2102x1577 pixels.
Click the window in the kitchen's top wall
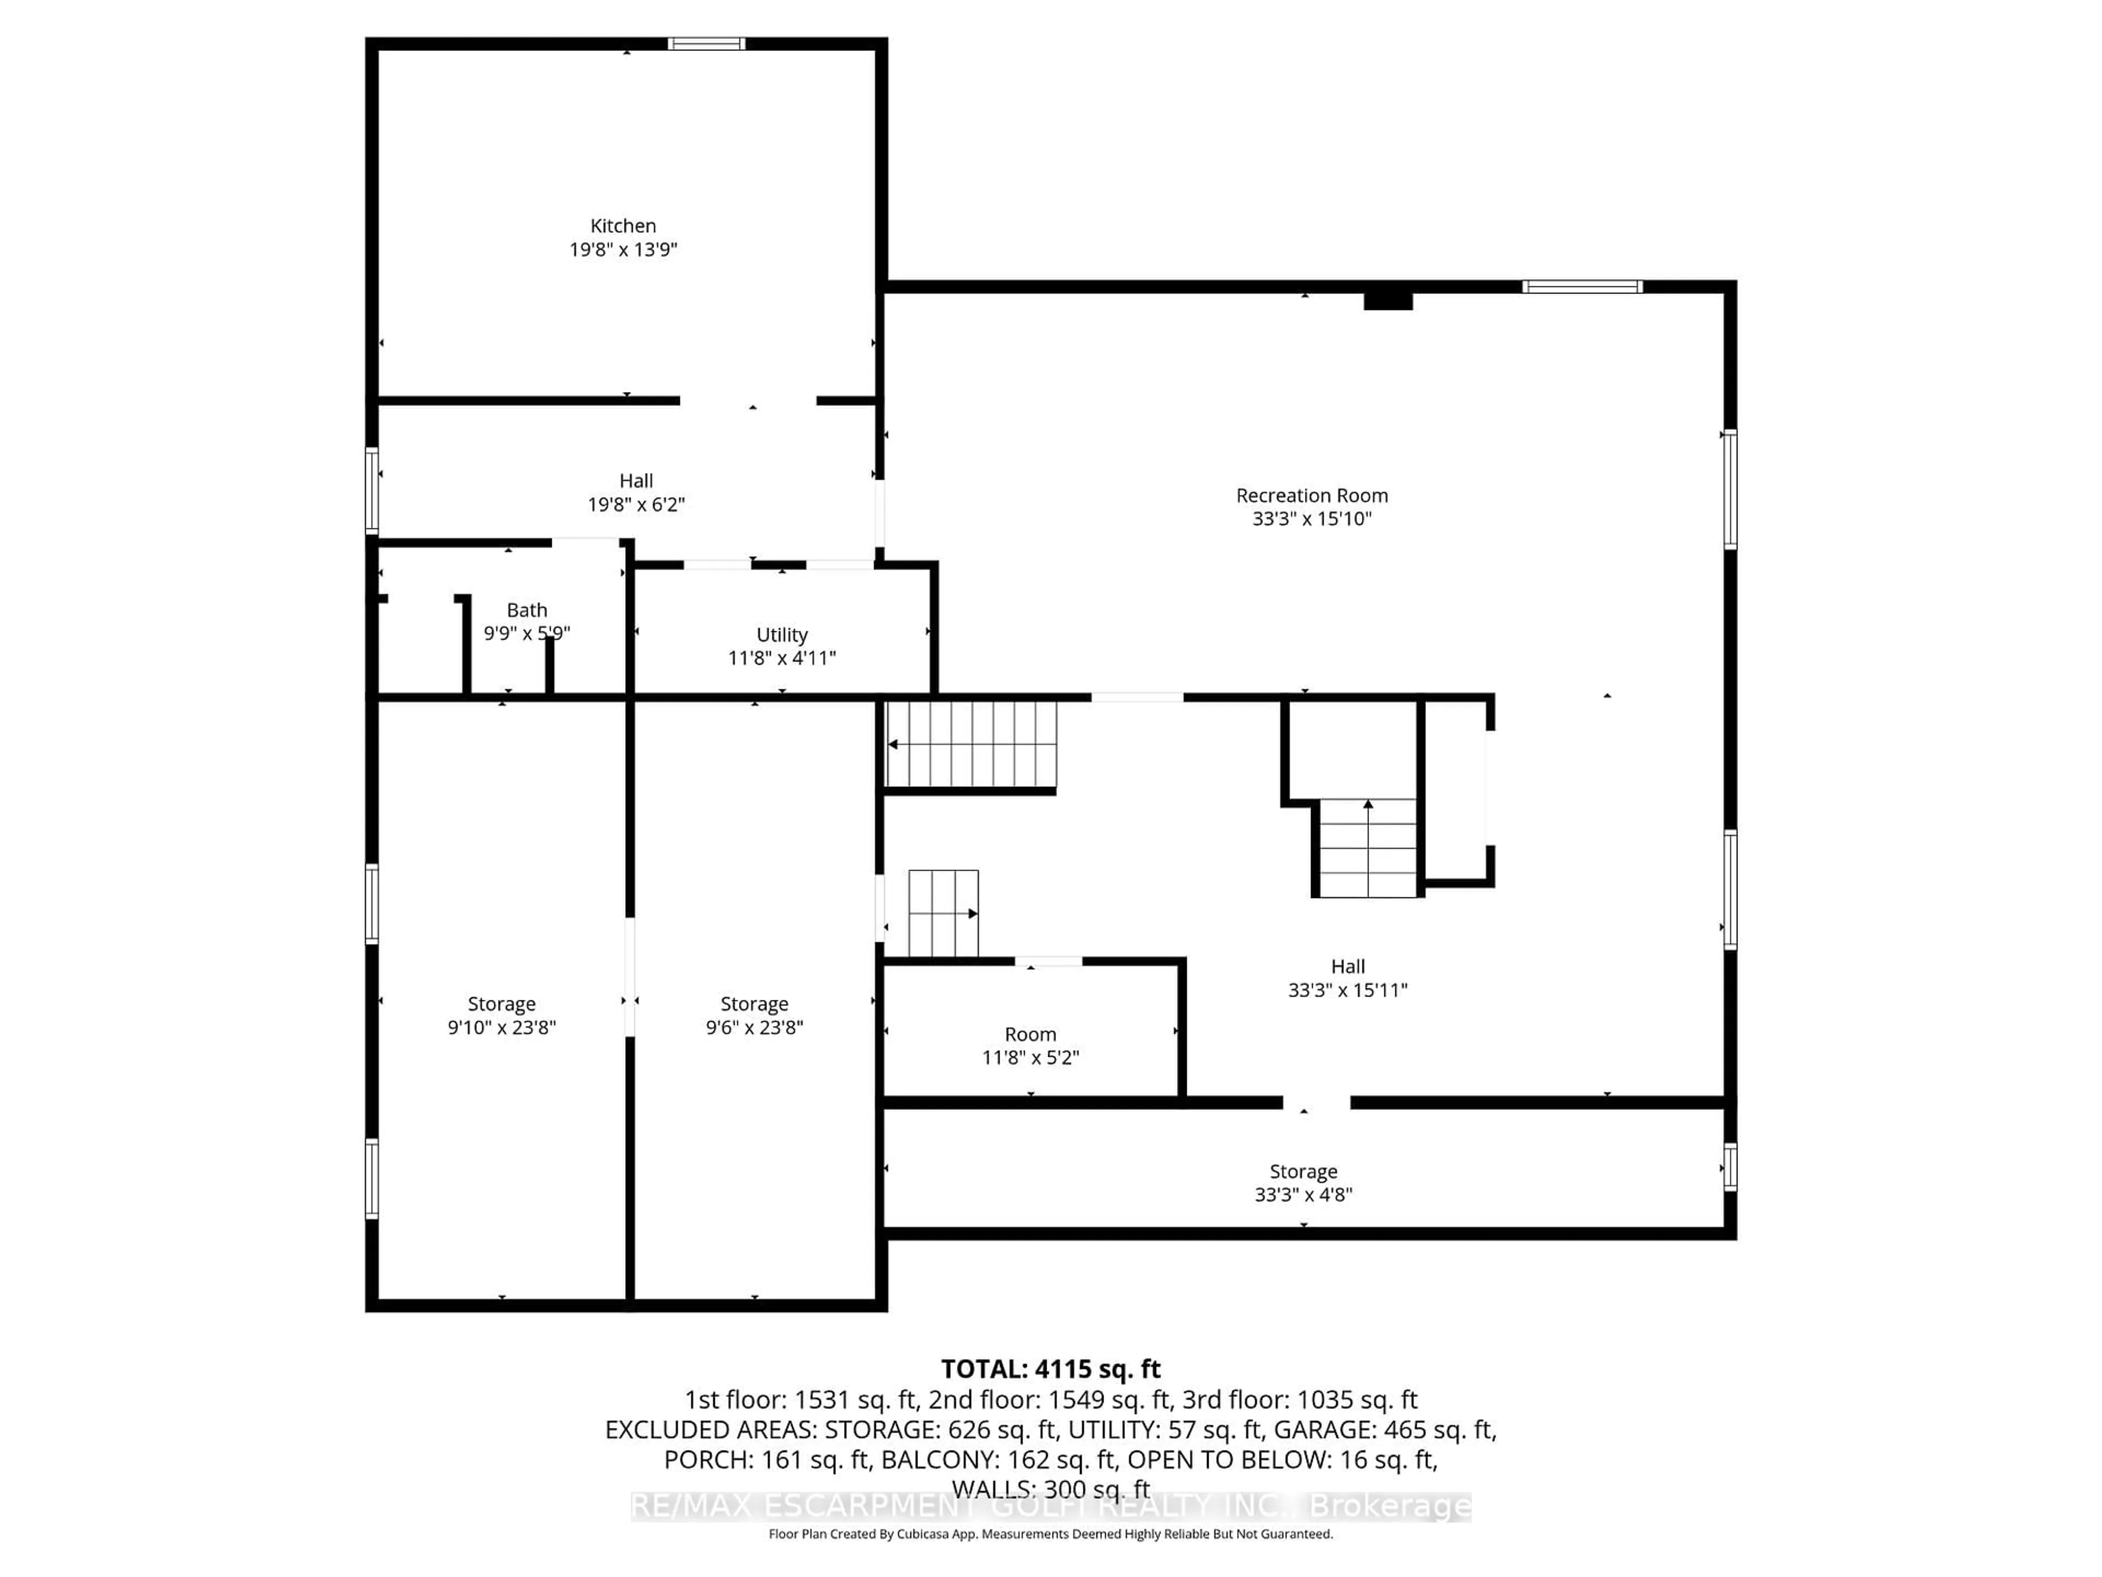(x=706, y=44)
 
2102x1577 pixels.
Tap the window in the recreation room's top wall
(x=1582, y=287)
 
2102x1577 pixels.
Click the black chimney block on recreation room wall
(x=1388, y=301)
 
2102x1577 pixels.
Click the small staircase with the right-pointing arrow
(x=943, y=913)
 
